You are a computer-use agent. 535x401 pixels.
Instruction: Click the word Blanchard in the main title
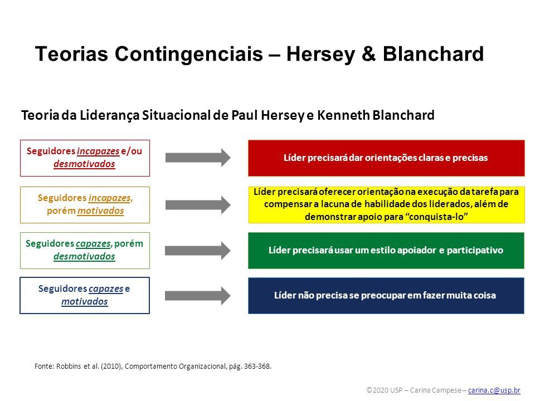434,54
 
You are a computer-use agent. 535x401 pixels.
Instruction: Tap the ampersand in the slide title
368,54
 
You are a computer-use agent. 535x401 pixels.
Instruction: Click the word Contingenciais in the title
189,55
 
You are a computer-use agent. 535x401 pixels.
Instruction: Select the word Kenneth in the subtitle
344,115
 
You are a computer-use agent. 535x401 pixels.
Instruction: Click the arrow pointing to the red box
198,158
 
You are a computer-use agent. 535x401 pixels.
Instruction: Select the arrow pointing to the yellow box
198,205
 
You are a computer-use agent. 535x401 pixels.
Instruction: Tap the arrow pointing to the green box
197,251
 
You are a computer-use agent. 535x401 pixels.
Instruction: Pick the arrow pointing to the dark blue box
197,296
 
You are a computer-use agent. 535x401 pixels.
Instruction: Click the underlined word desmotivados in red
84,164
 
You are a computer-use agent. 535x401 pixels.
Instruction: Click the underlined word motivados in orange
101,211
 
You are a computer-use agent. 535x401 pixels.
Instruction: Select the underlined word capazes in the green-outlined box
93,244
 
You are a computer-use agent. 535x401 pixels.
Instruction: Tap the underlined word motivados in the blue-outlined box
85,301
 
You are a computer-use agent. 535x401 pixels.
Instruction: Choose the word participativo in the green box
475,250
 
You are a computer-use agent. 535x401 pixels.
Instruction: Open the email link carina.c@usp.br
494,390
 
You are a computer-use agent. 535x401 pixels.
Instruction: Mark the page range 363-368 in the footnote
257,366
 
